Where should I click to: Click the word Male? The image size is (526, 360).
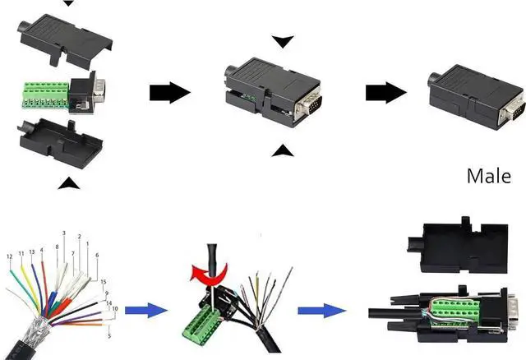point(488,176)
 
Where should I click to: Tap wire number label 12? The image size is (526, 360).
point(10,257)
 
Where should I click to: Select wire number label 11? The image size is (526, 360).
point(21,255)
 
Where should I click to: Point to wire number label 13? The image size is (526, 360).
point(31,252)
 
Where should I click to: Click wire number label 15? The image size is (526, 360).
point(104,283)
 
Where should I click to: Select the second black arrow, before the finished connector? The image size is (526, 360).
point(385,92)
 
